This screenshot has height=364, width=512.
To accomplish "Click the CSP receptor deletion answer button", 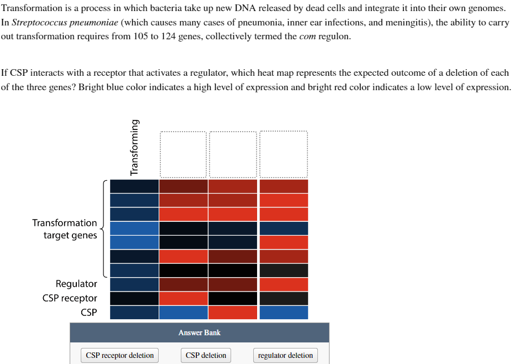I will pyautogui.click(x=119, y=355).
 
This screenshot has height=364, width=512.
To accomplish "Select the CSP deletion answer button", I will pyautogui.click(x=206, y=355).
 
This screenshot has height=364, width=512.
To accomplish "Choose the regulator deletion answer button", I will pyautogui.click(x=285, y=355).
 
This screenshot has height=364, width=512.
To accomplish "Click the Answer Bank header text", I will pyautogui.click(x=199, y=332).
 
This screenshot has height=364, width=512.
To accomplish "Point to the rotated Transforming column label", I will pyautogui.click(x=134, y=148).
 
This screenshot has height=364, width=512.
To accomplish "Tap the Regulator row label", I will pyautogui.click(x=76, y=284).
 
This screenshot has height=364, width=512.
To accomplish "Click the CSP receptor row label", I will pyautogui.click(x=70, y=298).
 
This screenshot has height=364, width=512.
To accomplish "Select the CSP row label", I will pyautogui.click(x=88, y=313).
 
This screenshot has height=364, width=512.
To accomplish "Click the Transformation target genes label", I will pyautogui.click(x=65, y=229).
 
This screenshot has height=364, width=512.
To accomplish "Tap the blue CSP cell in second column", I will pyautogui.click(x=184, y=313).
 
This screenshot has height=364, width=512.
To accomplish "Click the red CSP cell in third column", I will pyautogui.click(x=233, y=313).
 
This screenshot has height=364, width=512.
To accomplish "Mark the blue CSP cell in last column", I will pyautogui.click(x=284, y=313).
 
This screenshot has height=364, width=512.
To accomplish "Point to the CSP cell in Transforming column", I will pyautogui.click(x=134, y=313).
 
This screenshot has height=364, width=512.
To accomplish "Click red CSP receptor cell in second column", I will pyautogui.click(x=184, y=298).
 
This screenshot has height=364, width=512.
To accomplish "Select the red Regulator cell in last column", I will pyautogui.click(x=284, y=284).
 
